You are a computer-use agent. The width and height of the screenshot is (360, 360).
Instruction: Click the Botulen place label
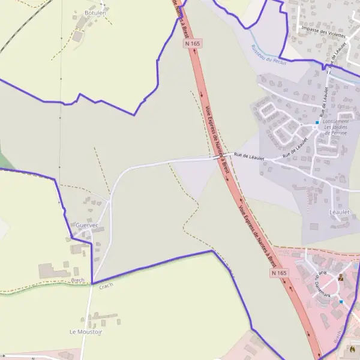[x=95, y=13]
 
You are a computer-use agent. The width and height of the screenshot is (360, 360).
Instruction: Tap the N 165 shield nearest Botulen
[x=193, y=43]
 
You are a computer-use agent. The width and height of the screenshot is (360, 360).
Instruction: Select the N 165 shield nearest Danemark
[x=279, y=273]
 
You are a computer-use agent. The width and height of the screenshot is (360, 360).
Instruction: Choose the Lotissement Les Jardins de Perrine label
[x=335, y=127]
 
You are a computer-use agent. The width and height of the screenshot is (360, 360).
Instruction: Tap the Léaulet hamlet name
[x=339, y=212]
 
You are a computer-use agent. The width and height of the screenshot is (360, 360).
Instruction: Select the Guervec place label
[x=87, y=225]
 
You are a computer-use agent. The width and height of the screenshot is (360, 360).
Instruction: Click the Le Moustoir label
[x=86, y=331]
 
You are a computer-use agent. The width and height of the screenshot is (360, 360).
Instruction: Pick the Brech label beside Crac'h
[x=77, y=280]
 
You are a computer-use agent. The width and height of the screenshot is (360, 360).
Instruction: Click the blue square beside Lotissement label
[x=317, y=122]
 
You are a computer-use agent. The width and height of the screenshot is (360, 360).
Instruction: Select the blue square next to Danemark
[x=341, y=301]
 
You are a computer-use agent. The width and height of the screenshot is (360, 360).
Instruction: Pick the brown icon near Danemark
[x=341, y=277]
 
